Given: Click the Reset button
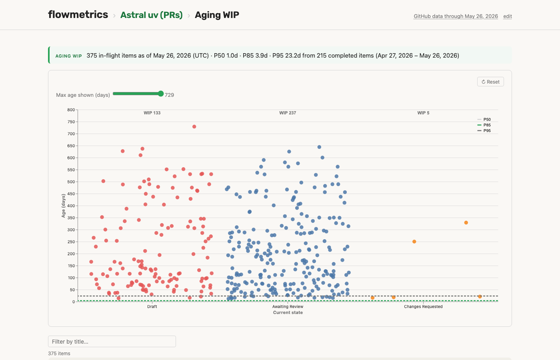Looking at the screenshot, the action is pyautogui.click(x=490, y=82).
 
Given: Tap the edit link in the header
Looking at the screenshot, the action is pyautogui.click(x=508, y=16).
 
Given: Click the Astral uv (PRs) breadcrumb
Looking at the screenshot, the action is pyautogui.click(x=152, y=15).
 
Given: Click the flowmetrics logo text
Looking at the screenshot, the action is pyautogui.click(x=78, y=14).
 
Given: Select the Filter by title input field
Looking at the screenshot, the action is pyautogui.click(x=112, y=342).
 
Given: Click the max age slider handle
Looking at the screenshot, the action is pyautogui.click(x=161, y=94).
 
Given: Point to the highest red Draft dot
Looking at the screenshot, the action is pyautogui.click(x=194, y=127).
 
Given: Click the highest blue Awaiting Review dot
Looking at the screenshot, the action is pyautogui.click(x=319, y=147).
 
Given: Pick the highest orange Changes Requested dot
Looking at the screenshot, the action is pyautogui.click(x=466, y=223).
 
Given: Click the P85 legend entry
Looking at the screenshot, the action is pyautogui.click(x=484, y=125).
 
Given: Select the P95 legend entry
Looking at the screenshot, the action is pyautogui.click(x=484, y=131).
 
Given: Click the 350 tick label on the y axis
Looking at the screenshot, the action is pyautogui.click(x=71, y=218).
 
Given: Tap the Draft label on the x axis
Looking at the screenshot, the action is pyautogui.click(x=152, y=306).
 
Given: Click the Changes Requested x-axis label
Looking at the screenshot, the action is pyautogui.click(x=423, y=306).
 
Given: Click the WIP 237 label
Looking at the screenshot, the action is pyautogui.click(x=288, y=113).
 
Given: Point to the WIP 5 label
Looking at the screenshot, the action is pyautogui.click(x=423, y=113).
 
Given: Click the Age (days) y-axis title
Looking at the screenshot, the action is pyautogui.click(x=63, y=206).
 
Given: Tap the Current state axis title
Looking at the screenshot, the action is pyautogui.click(x=288, y=312).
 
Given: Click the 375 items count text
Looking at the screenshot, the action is pyautogui.click(x=59, y=354).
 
